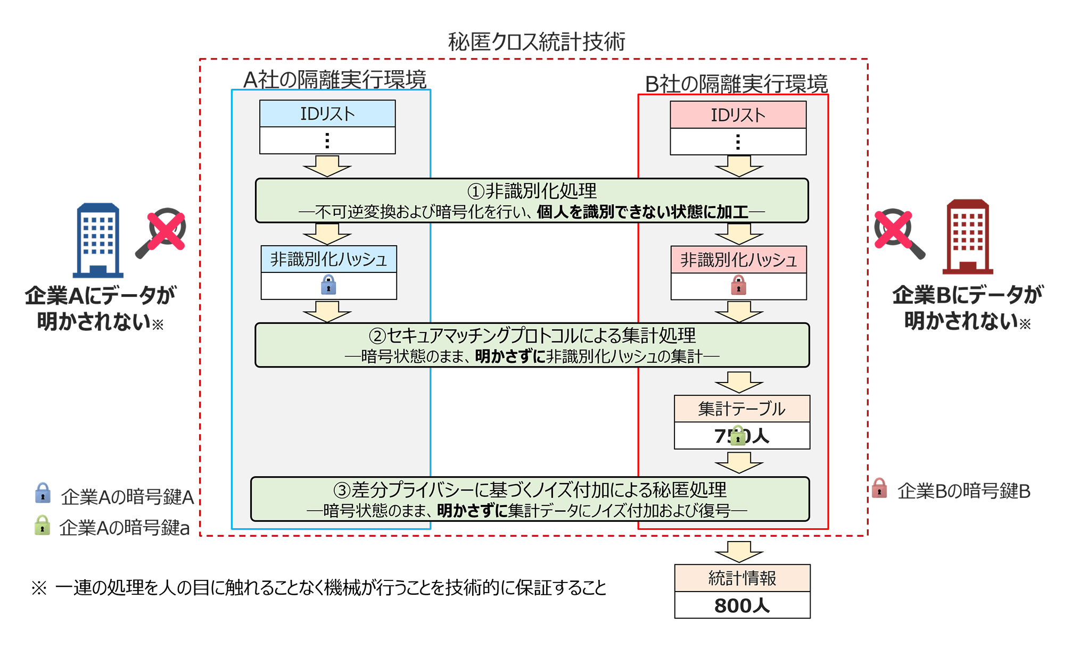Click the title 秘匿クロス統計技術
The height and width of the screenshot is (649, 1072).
(x=536, y=41)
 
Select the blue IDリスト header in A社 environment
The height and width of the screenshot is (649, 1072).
(x=327, y=114)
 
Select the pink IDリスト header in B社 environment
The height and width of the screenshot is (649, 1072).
(x=738, y=115)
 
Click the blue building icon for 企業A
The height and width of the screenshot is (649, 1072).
(x=98, y=240)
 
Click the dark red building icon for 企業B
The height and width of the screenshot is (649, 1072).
(x=968, y=237)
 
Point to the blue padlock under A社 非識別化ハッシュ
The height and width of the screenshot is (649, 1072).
(x=328, y=285)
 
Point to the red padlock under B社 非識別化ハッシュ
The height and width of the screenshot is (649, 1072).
(x=738, y=286)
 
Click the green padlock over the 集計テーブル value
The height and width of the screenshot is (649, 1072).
(x=738, y=436)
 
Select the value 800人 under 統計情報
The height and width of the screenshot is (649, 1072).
(x=742, y=605)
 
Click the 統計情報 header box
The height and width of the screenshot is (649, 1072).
(x=742, y=578)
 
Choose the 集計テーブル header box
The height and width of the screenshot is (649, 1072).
(x=741, y=409)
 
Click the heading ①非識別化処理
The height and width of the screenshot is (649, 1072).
(x=532, y=190)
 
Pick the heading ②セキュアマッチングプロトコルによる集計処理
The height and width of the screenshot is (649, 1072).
(x=532, y=335)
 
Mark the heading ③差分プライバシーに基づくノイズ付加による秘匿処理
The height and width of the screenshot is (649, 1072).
(x=530, y=489)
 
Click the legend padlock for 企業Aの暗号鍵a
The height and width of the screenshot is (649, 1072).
(x=42, y=526)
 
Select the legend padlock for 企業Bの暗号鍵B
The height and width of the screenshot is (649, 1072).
(x=879, y=488)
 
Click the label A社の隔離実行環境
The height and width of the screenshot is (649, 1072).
(x=334, y=80)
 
